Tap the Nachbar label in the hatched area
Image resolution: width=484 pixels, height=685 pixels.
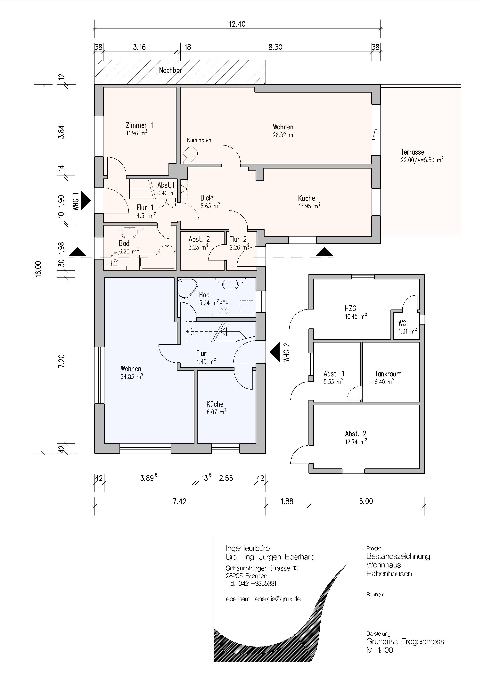point(170,70)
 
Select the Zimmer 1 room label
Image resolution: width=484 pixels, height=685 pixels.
point(139,125)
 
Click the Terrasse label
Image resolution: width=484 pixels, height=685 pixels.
point(412,152)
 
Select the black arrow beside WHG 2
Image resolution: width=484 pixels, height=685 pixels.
point(275,352)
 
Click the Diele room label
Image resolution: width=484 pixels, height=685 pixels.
point(207,198)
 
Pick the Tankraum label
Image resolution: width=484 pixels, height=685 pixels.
point(388,374)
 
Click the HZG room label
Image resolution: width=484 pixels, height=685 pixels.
point(350,309)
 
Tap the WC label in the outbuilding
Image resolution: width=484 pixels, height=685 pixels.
point(402,323)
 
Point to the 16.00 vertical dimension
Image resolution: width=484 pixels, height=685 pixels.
point(38,269)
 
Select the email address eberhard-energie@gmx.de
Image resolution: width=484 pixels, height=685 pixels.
point(263,599)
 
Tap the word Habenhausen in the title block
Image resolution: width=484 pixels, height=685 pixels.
point(389,574)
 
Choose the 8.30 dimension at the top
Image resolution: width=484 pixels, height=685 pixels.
point(275,47)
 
